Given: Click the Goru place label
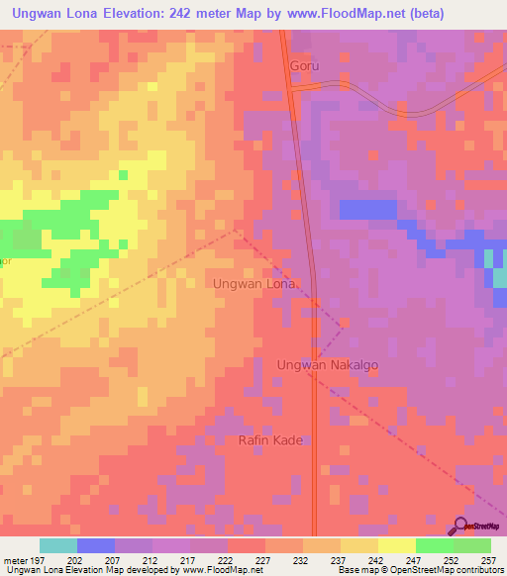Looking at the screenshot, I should click(x=305, y=66).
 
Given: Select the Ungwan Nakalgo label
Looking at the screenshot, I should click(x=327, y=364).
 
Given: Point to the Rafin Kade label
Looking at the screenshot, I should click(x=270, y=439).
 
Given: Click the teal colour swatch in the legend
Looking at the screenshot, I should click(x=58, y=545).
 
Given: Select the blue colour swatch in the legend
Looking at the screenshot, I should click(x=96, y=545).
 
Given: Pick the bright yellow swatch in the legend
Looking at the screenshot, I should click(x=396, y=545).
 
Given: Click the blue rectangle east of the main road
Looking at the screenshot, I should click(x=367, y=209).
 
